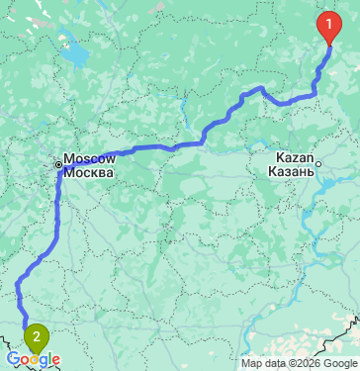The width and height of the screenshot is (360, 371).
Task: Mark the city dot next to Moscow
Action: pyautogui.click(x=59, y=163)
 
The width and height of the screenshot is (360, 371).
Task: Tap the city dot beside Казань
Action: pyautogui.click(x=320, y=161)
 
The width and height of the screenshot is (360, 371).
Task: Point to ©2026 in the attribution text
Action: pyautogui.click(x=292, y=363)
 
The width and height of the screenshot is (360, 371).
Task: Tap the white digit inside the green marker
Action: pyautogui.click(x=37, y=336)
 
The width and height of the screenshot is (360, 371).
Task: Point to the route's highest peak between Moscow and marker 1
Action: pyautogui.click(x=261, y=88)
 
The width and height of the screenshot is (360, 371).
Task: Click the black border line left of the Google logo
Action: pyautogui.click(x=4, y=351)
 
